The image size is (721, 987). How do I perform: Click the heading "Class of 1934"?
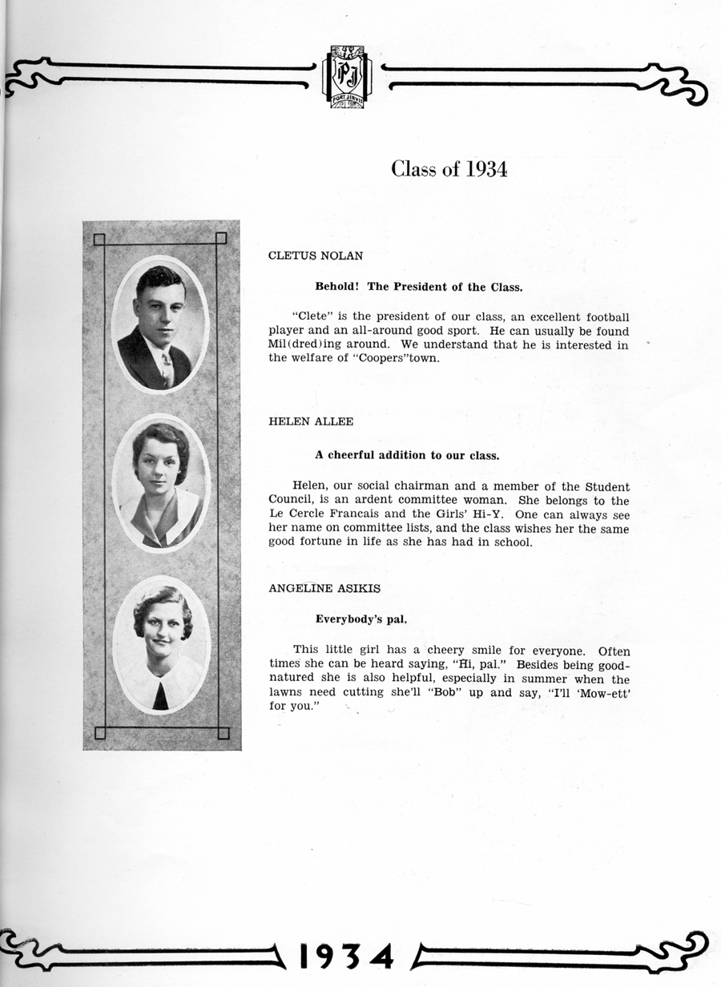(449, 169)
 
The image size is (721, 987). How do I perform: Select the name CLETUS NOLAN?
(316, 256)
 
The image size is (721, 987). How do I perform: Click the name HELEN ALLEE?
(311, 421)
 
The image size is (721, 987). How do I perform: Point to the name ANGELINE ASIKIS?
(324, 588)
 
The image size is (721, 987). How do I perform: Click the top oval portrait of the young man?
(160, 324)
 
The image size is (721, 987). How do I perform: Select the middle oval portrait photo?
(161, 483)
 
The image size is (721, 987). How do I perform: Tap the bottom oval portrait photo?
(161, 645)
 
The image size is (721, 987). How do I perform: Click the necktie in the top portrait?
(167, 370)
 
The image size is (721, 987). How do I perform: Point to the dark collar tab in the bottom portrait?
(161, 694)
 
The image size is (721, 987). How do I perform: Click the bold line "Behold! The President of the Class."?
(419, 287)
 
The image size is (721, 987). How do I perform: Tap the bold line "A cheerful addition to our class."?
(407, 455)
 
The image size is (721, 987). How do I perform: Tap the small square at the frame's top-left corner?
(99, 239)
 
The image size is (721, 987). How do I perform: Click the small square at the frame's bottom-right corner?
(224, 733)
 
